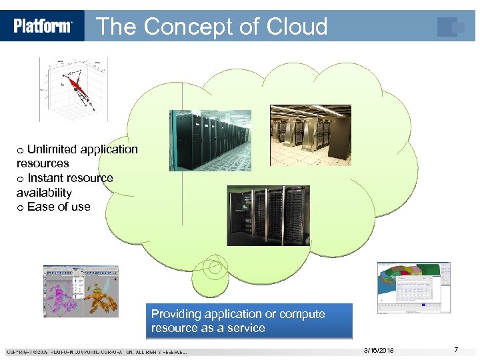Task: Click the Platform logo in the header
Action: (x=43, y=26)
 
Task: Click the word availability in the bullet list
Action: (x=44, y=193)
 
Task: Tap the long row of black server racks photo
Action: (x=209, y=141)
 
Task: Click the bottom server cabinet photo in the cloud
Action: (x=268, y=215)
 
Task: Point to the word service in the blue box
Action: (x=247, y=328)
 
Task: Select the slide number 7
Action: (x=455, y=350)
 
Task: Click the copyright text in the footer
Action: (x=97, y=351)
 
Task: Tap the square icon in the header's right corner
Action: (x=451, y=27)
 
